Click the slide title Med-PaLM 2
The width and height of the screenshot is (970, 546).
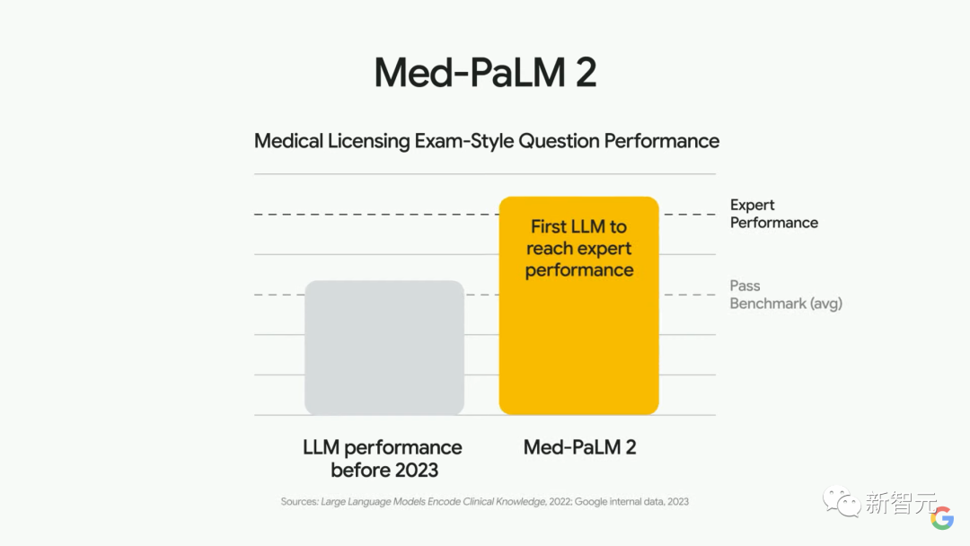[485, 73]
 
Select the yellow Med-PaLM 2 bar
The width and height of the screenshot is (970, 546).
[578, 350]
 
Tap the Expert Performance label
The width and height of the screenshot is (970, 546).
[773, 214]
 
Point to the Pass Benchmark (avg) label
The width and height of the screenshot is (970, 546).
[785, 295]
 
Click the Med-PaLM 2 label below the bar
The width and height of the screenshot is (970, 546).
[579, 447]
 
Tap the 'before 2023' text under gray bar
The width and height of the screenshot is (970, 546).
[384, 470]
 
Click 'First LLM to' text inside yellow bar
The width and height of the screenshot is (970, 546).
[578, 226]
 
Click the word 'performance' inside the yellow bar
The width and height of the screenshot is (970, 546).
[578, 270]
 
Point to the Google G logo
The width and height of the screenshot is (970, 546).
[942, 518]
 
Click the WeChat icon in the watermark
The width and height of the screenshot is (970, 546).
[842, 501]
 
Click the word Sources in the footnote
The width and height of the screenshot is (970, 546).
[299, 501]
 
